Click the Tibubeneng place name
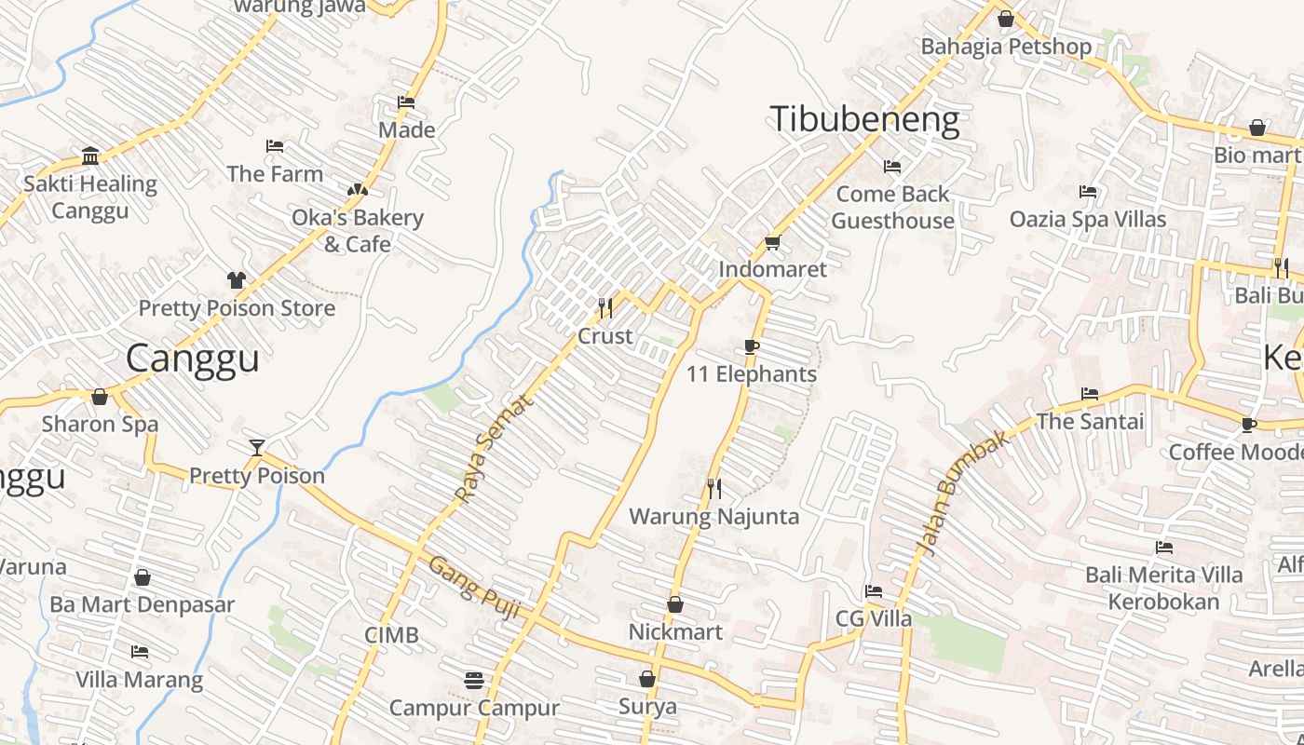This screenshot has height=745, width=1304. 864,121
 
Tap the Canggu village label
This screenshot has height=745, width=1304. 192,359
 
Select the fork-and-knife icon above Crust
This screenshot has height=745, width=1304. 605,307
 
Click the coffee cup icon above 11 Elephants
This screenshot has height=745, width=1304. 752,347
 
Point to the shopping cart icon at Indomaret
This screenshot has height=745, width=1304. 772,243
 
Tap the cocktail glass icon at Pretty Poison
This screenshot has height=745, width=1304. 257,448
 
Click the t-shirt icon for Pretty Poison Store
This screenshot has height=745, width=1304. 237,280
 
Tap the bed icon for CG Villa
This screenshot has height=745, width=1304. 873,591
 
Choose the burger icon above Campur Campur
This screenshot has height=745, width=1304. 474,681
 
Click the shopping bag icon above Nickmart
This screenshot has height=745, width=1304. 675,605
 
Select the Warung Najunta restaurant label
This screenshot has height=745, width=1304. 714,517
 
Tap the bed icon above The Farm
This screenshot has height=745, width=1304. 275,146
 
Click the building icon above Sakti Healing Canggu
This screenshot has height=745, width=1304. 90,156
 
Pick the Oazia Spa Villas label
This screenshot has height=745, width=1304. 1088,220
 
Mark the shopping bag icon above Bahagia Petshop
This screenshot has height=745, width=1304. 1006,19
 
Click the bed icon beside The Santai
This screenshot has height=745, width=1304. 1090,394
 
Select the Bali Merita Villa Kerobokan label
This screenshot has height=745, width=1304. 1163,588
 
